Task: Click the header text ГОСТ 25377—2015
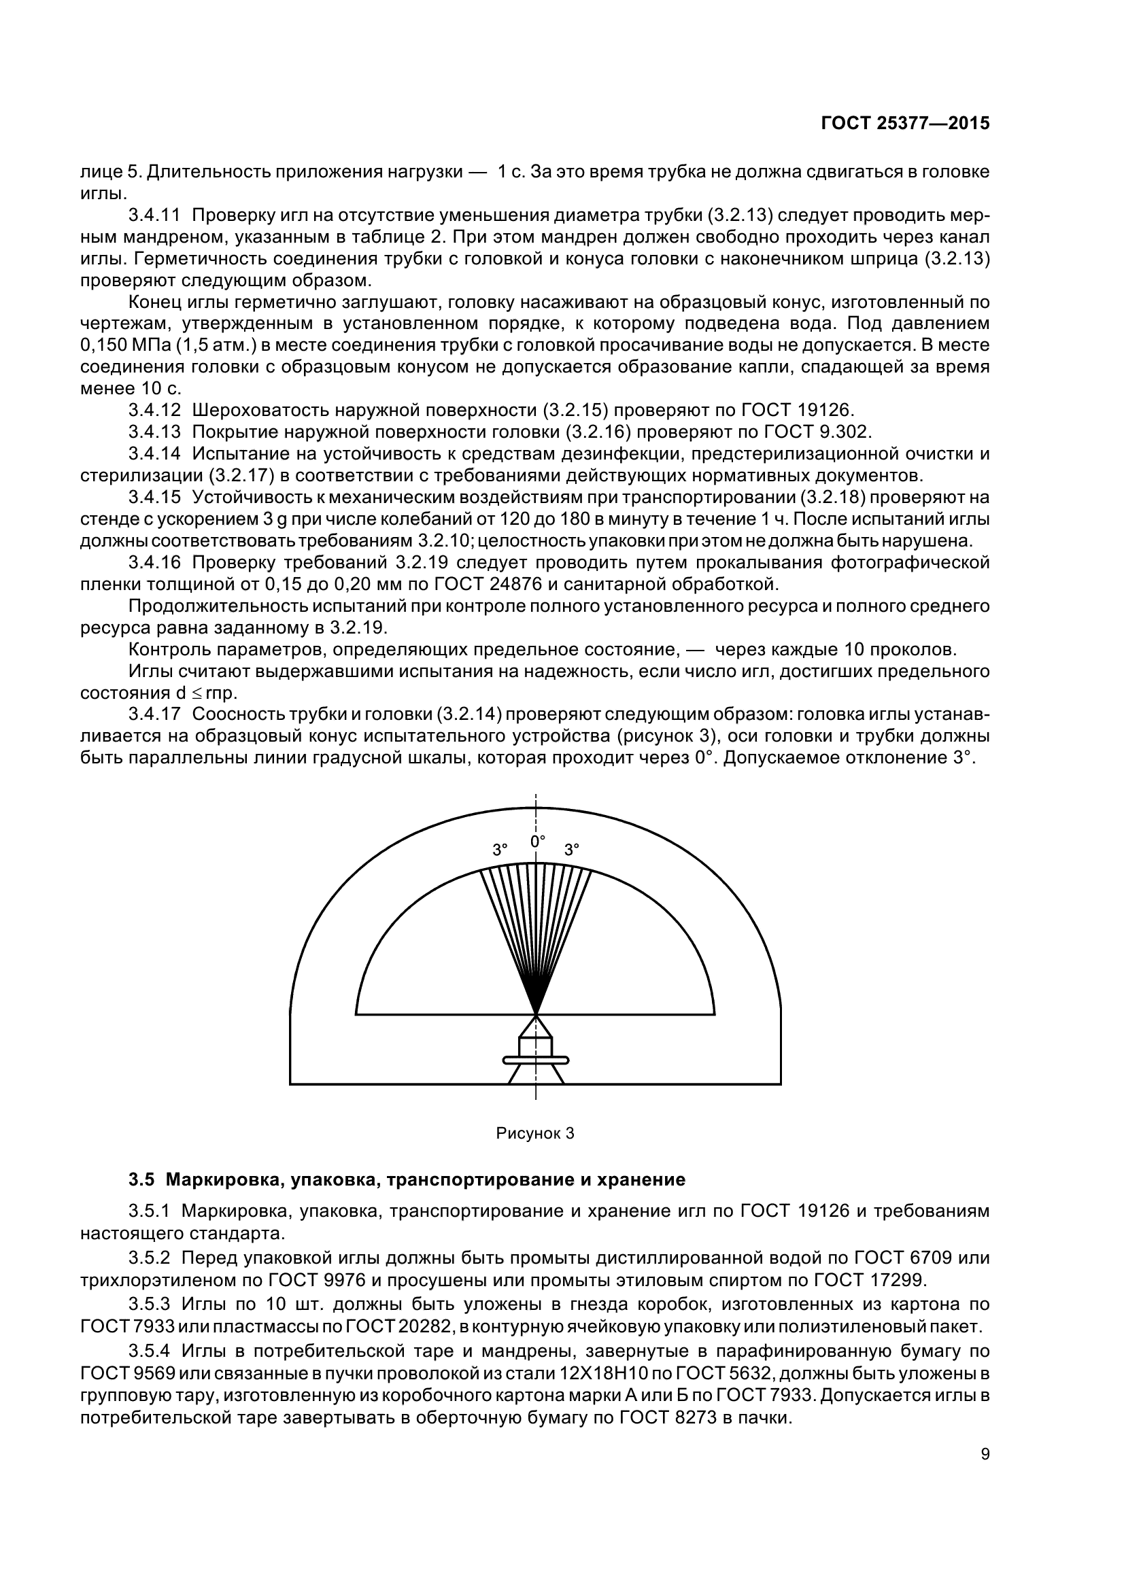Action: (904, 123)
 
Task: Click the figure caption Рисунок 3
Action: (534, 1134)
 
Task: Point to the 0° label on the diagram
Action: (537, 842)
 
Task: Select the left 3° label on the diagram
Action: (500, 850)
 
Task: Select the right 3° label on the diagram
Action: (571, 850)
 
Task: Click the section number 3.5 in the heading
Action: (141, 1179)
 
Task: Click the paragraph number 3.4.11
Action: (154, 215)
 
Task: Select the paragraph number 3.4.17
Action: (154, 713)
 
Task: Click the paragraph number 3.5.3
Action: (149, 1304)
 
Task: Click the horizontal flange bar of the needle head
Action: (535, 1059)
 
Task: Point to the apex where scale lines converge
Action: (535, 1013)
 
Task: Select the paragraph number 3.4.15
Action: (154, 496)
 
